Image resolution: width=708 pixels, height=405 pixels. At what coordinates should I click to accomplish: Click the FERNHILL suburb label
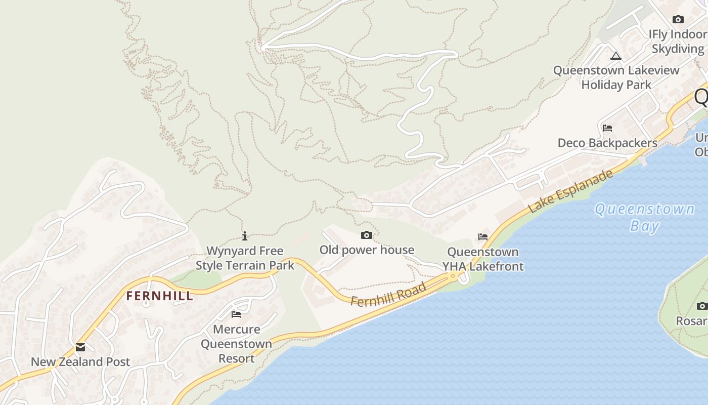160,296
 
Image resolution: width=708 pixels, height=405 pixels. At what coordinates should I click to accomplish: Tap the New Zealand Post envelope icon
80,347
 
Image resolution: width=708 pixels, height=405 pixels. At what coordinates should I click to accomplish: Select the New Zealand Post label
80,362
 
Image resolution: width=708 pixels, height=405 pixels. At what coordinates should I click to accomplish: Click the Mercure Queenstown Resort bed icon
236,314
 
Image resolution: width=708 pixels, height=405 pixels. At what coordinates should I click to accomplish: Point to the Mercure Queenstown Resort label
236,344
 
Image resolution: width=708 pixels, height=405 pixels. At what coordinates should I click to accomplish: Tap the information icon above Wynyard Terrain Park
245,236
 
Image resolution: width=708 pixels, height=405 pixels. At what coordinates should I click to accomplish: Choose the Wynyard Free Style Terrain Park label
245,258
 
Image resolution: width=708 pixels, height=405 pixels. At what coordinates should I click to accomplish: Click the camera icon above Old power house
367,235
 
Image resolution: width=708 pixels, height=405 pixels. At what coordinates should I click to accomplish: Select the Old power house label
367,250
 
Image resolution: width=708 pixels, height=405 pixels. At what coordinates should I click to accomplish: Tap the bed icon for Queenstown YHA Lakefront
483,236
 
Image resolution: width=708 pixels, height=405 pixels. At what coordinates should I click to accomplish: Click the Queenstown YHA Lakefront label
483,259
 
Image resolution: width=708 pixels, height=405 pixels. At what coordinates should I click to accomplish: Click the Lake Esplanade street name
570,191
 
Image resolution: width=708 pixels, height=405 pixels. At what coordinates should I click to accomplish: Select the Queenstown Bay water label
645,217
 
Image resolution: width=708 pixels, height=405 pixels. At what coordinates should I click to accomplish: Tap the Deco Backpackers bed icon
607,128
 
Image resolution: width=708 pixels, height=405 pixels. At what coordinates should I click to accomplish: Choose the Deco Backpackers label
607,143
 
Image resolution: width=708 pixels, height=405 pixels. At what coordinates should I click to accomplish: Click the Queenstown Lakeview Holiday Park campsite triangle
616,56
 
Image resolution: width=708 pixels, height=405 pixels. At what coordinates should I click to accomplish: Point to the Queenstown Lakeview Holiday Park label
616,77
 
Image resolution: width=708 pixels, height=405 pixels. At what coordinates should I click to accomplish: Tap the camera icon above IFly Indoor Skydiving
678,20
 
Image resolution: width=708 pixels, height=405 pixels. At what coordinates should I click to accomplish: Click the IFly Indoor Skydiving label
678,42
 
